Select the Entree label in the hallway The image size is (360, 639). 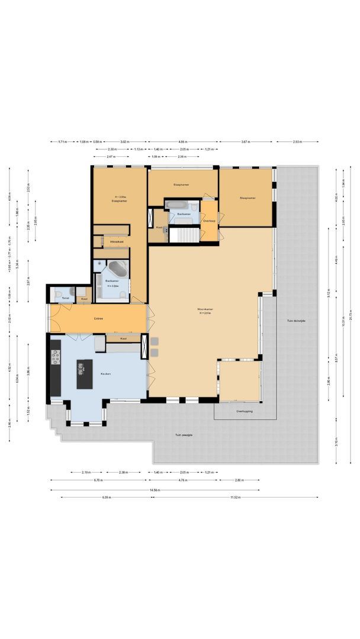click(98, 319)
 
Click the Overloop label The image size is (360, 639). click(209, 221)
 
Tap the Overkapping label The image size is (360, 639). click(244, 411)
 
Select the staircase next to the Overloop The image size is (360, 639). click(185, 234)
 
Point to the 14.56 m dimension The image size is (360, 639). click(155, 489)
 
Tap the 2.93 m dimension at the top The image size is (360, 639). click(297, 142)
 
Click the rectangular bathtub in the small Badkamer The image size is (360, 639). click(178, 205)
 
